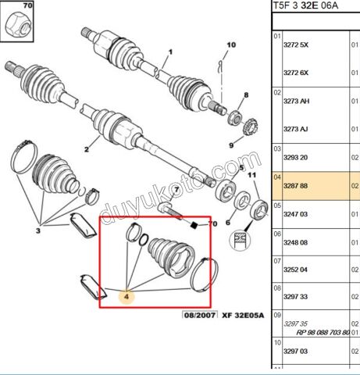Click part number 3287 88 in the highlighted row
pyautogui.click(x=295, y=186)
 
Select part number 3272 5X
pyautogui.click(x=296, y=45)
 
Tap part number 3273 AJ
pyautogui.click(x=296, y=129)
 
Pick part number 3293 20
pyautogui.click(x=295, y=158)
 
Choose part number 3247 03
pyautogui.click(x=295, y=214)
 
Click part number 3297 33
pyautogui.click(x=295, y=297)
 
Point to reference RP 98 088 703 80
pyautogui.click(x=323, y=333)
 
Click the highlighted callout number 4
pyautogui.click(x=127, y=297)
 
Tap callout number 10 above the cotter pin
pyautogui.click(x=231, y=45)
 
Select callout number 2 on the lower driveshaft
pyautogui.click(x=87, y=149)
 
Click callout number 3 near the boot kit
pyautogui.click(x=38, y=230)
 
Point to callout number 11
pyautogui.click(x=251, y=175)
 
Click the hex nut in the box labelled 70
pyautogui.click(x=18, y=26)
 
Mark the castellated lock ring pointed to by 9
pyautogui.click(x=251, y=127)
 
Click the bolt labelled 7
pyautogui.click(x=170, y=210)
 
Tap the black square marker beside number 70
pyautogui.click(x=194, y=225)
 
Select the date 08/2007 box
pyautogui.click(x=200, y=316)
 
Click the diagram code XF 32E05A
pyautogui.click(x=243, y=316)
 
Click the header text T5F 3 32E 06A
pyautogui.click(x=305, y=5)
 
